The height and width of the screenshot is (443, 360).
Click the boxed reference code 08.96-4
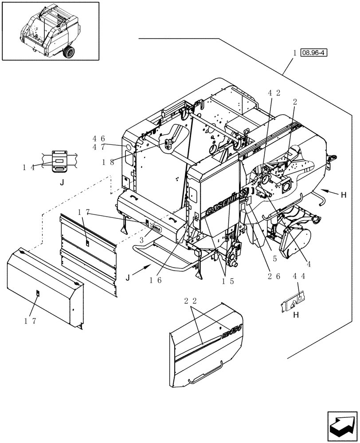point(313,53)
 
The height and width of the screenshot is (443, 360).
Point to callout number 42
point(274,93)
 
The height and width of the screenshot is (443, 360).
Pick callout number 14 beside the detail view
point(29,167)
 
